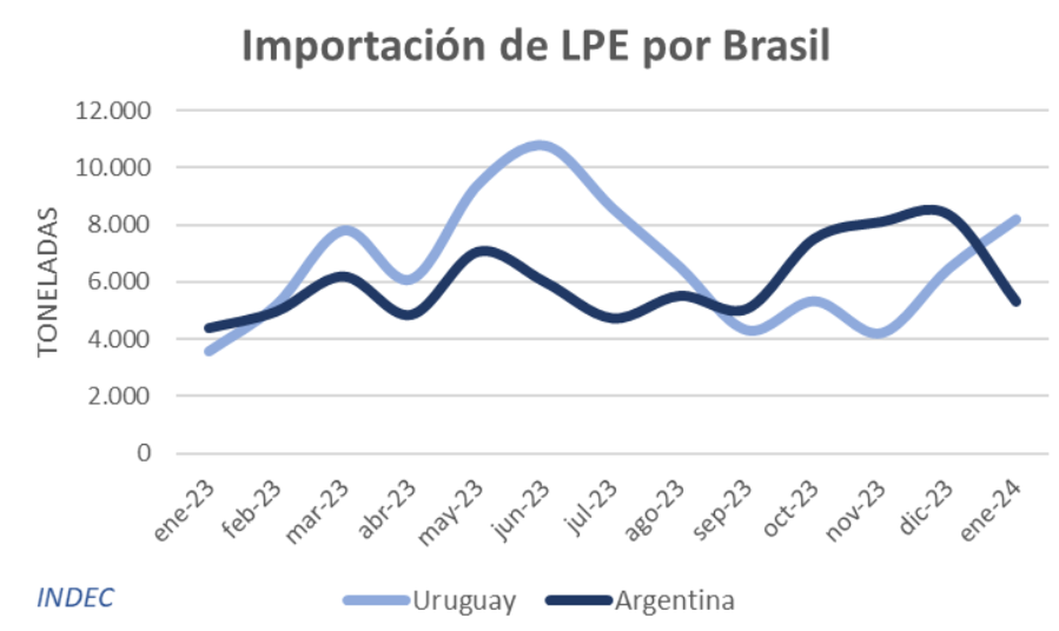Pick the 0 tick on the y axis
click(x=144, y=454)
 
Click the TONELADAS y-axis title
click(x=48, y=282)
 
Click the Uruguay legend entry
click(x=462, y=602)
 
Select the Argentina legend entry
click(x=674, y=602)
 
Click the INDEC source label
click(x=75, y=597)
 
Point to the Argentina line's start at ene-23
click(x=208, y=328)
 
